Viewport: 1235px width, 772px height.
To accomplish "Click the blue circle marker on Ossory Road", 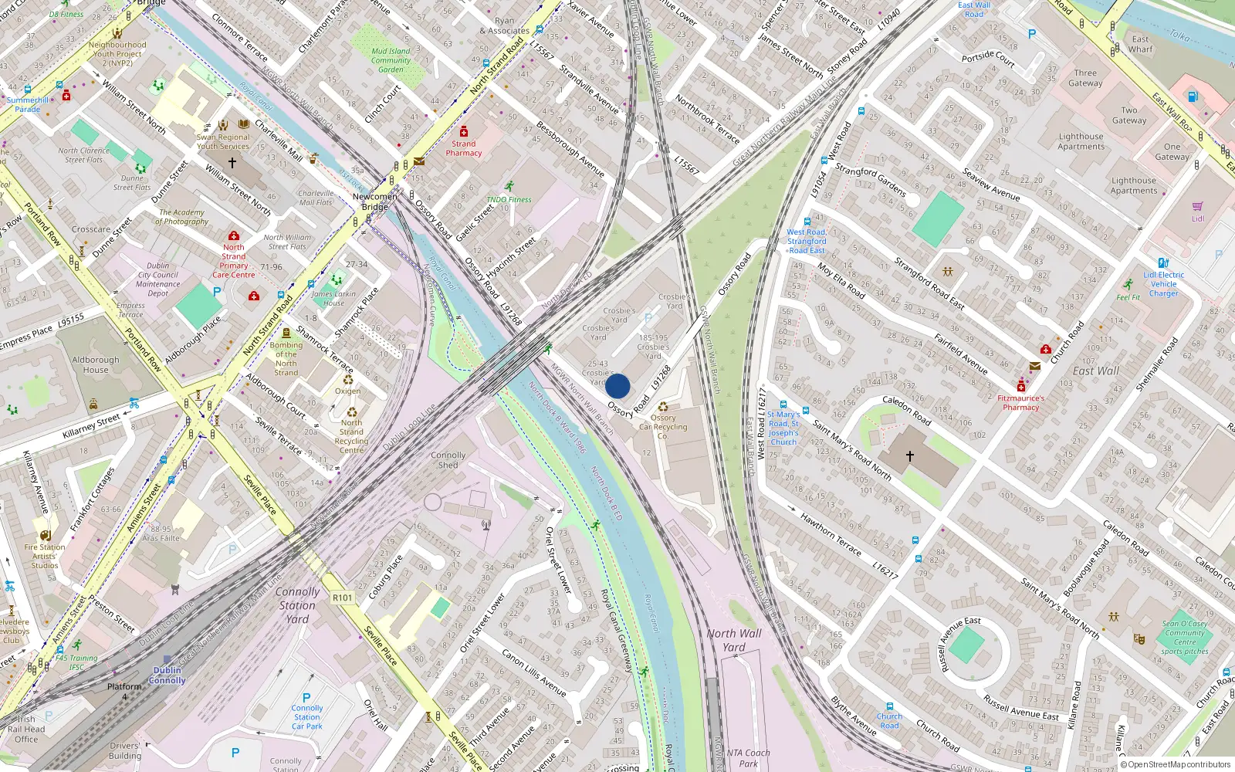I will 617,386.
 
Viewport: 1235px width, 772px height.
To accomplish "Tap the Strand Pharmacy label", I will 463,148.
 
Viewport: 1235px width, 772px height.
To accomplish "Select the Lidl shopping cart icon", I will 1197,207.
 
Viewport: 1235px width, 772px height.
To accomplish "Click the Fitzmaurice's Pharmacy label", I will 1020,403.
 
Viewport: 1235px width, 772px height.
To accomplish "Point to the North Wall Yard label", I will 733,640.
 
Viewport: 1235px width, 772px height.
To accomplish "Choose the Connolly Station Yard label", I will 297,605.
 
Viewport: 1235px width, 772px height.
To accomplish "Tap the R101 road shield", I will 342,598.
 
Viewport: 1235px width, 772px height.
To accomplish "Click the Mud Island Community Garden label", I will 391,60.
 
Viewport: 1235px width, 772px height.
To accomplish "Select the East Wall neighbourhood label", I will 1095,371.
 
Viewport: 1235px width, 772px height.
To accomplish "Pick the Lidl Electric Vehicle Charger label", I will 1163,283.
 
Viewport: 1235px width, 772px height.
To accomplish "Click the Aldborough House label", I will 96,364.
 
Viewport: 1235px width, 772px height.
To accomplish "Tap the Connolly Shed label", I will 448,460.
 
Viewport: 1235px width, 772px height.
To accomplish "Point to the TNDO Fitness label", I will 509,199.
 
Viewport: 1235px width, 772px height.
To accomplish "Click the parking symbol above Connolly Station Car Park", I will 306,697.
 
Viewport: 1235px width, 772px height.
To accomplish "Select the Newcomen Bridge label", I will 375,201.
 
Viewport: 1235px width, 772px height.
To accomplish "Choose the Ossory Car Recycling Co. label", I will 662,427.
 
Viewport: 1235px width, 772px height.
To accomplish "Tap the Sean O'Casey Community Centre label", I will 1185,637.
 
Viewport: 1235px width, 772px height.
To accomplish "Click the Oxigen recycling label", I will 347,391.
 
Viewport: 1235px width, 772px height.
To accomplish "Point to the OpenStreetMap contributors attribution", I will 1179,764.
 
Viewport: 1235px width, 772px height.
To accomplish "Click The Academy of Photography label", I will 182,217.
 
